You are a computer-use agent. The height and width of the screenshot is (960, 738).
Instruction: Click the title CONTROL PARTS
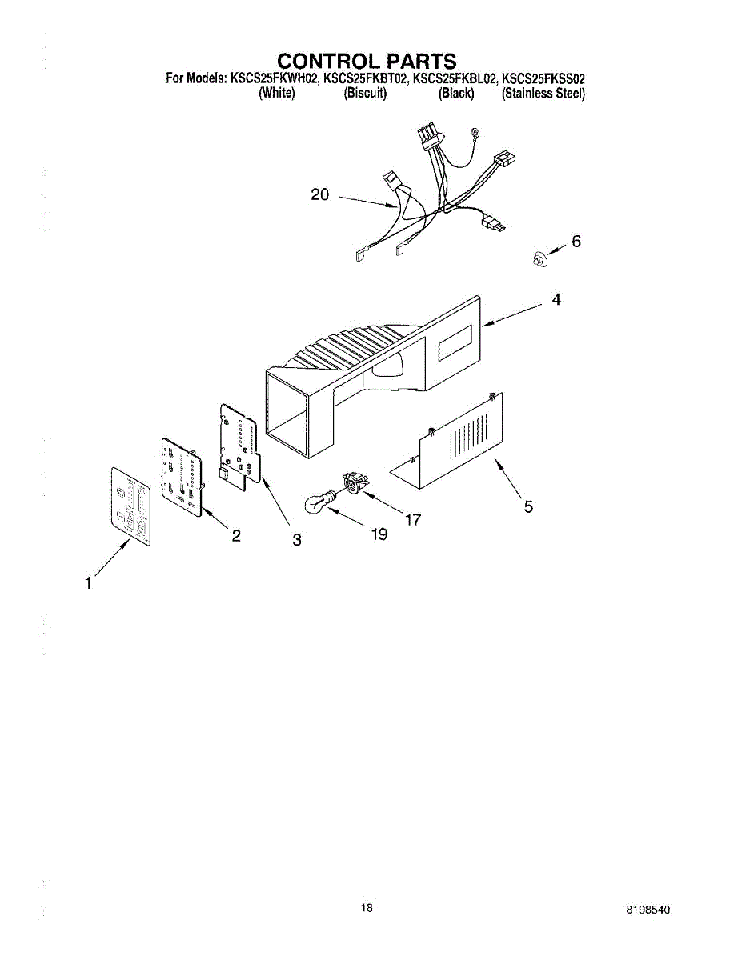tap(367, 61)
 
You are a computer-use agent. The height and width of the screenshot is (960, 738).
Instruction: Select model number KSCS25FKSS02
tap(543, 78)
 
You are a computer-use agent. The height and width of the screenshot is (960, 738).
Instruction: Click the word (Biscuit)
tap(365, 94)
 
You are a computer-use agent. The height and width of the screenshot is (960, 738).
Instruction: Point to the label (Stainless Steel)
tap(543, 94)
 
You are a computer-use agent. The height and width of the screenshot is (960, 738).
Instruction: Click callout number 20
tap(319, 194)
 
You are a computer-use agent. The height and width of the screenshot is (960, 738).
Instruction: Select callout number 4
tap(556, 300)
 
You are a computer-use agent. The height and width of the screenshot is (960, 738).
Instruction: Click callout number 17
tap(413, 520)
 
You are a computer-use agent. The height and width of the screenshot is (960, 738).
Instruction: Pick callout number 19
tap(379, 534)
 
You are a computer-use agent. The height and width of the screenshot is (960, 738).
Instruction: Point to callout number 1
tap(88, 584)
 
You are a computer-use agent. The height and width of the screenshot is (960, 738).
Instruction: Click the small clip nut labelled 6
tap(539, 258)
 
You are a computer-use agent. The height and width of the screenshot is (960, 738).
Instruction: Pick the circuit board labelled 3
tap(239, 443)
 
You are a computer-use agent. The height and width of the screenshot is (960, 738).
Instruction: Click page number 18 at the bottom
tap(367, 908)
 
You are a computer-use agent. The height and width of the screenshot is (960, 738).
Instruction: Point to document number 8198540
tap(648, 911)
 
